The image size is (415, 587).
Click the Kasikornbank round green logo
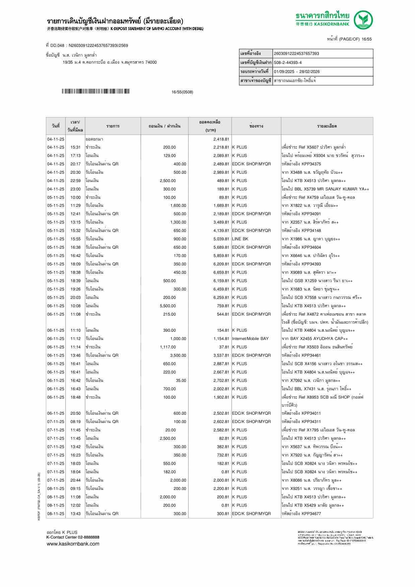coord(363,20)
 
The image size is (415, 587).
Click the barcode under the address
coord(95,91)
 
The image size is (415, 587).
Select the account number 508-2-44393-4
coord(288,63)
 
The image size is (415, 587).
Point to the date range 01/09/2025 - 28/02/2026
coord(297,72)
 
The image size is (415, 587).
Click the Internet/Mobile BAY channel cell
coord(250,339)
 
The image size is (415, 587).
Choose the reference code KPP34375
coord(301,164)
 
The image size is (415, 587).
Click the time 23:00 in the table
coord(75,189)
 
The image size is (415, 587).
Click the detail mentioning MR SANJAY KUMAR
coord(325,189)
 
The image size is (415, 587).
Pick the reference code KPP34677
coord(301,514)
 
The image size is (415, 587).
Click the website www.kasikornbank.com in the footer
coord(73,544)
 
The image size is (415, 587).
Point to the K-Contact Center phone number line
coord(73,537)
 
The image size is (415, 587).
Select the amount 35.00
coord(181,381)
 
